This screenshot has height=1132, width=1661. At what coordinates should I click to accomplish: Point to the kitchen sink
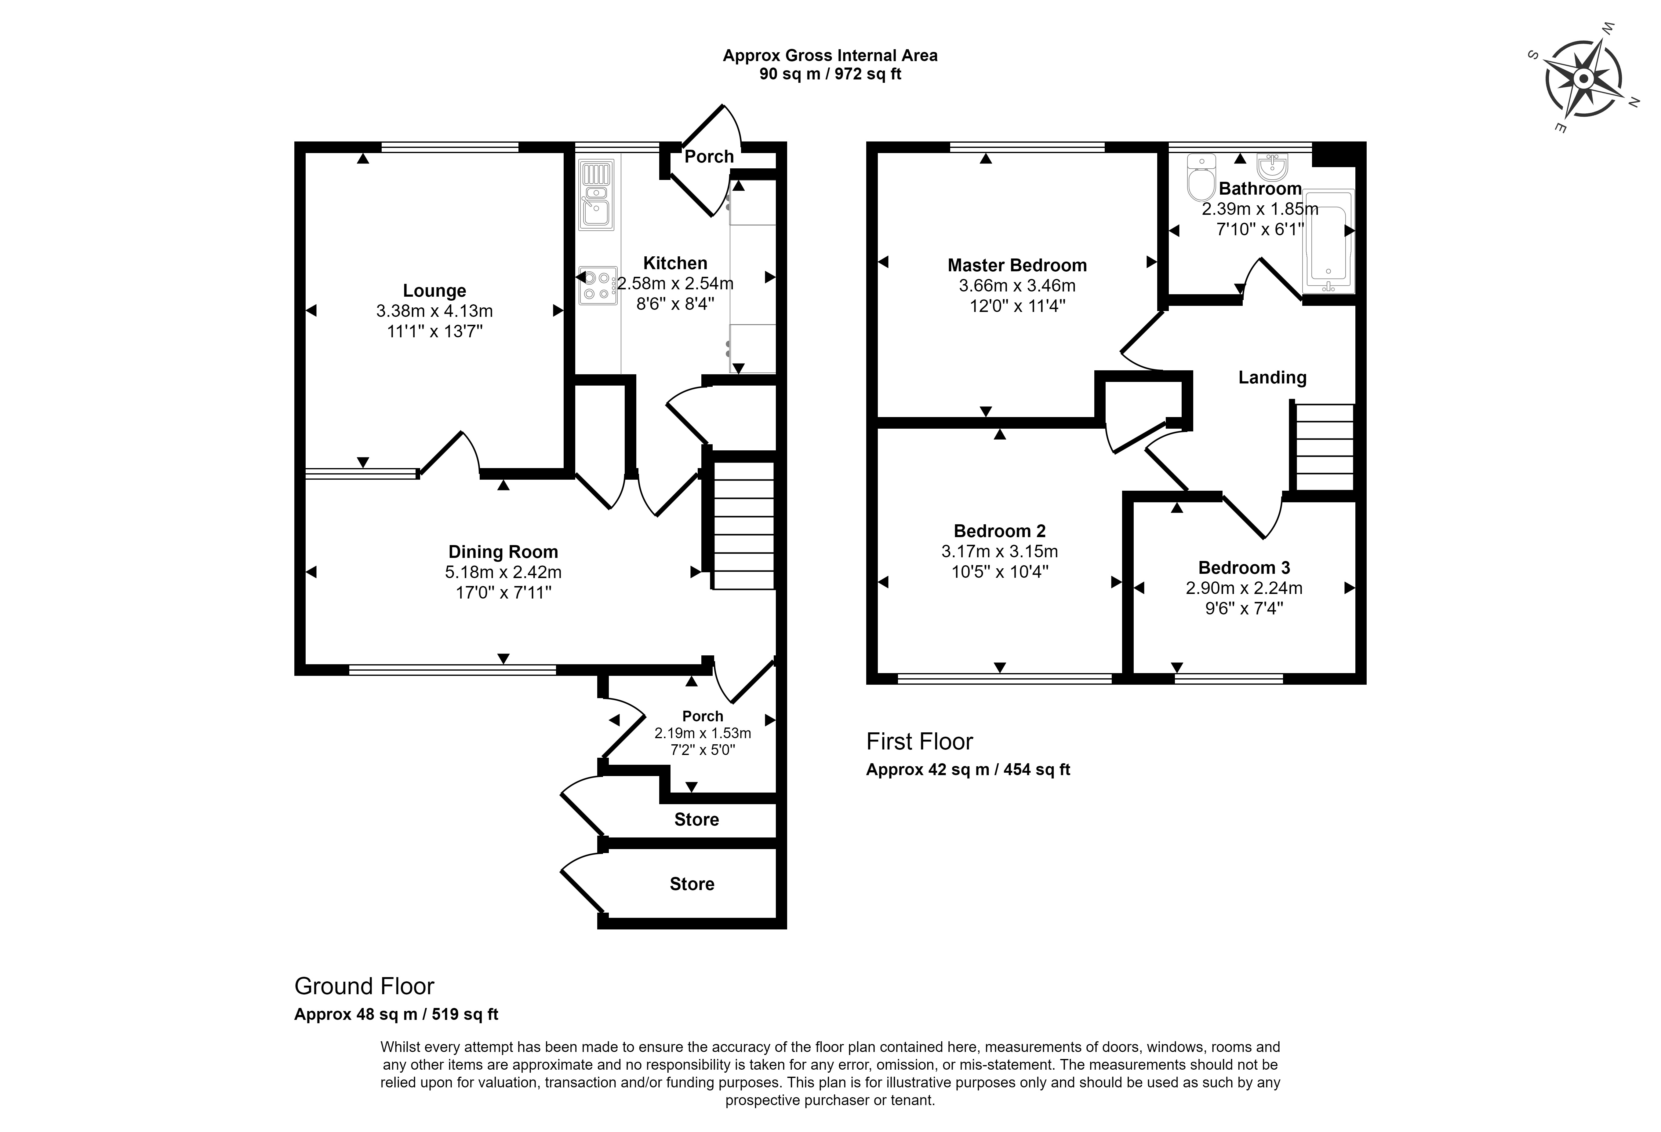pyautogui.click(x=596, y=195)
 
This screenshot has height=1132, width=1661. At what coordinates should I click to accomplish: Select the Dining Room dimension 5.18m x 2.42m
pyautogui.click(x=503, y=572)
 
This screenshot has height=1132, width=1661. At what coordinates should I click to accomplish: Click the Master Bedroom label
pyautogui.click(x=1017, y=265)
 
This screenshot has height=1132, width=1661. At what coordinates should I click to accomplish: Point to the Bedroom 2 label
pyautogui.click(x=1000, y=531)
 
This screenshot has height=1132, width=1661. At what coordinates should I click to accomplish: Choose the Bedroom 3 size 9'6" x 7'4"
pyautogui.click(x=1244, y=609)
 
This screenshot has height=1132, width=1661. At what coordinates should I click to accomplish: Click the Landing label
pyautogui.click(x=1272, y=378)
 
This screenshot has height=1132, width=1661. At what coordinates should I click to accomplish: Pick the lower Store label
pyautogui.click(x=692, y=884)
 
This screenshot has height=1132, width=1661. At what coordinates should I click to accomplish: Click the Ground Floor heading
pyautogui.click(x=365, y=986)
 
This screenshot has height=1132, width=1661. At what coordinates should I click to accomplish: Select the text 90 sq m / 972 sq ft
pyautogui.click(x=831, y=74)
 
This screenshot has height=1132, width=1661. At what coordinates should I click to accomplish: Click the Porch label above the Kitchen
pyautogui.click(x=709, y=157)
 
